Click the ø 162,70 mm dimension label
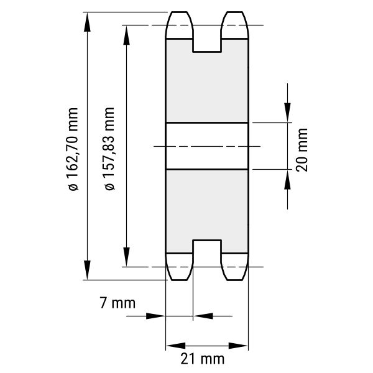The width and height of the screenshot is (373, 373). tap(73, 149)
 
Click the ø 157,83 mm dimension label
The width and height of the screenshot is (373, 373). tap(109, 149)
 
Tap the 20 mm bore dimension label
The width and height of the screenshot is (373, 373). tap(302, 150)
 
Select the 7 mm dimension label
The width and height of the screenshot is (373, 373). tap(117, 303)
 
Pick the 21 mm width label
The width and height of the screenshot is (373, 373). tap(203, 359)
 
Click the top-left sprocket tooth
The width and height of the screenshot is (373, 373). tap(179, 25)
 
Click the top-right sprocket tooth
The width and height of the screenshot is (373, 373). tap(235, 25)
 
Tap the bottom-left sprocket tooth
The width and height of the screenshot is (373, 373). tap(179, 267)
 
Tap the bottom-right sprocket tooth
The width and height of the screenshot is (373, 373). tap(235, 267)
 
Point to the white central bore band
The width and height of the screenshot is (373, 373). tap(207, 146)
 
